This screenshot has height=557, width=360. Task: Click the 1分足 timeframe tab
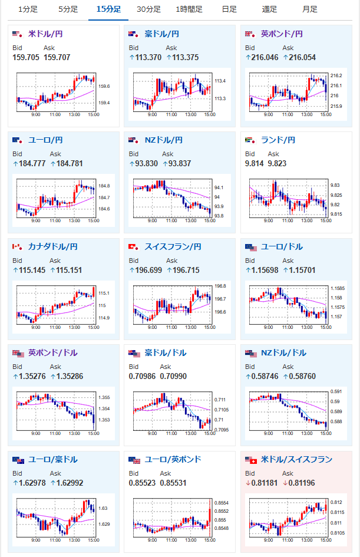[x=28, y=9]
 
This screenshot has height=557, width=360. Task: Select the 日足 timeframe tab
[x=229, y=9]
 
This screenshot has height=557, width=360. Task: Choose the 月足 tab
[x=310, y=9]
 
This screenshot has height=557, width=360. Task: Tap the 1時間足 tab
[x=189, y=9]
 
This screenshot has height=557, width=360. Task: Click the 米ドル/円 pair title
[x=45, y=34]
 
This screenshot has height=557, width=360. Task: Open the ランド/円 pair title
[x=278, y=140]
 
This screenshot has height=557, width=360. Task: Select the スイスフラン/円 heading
[x=173, y=247]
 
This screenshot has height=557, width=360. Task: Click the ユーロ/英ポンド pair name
[x=173, y=460]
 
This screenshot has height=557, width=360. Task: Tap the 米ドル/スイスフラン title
[x=296, y=460]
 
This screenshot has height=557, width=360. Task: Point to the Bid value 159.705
[x=26, y=57]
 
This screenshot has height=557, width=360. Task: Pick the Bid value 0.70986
[x=142, y=376]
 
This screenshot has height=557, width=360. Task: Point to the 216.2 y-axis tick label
[x=336, y=75]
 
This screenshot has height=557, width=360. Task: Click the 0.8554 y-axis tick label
[x=222, y=503]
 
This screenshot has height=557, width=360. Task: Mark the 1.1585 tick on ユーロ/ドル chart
[x=338, y=288]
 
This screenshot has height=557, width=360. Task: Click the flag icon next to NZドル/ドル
[x=250, y=353]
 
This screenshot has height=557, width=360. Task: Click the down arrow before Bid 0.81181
[x=248, y=483]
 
